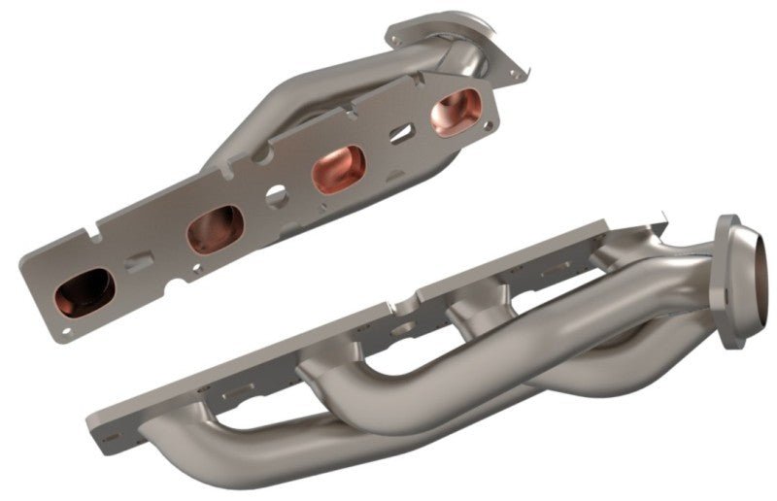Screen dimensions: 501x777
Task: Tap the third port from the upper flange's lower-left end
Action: click(x=337, y=167)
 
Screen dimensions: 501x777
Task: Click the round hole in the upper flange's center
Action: click(x=276, y=196)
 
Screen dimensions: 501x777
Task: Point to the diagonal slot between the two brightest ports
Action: click(x=397, y=133)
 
